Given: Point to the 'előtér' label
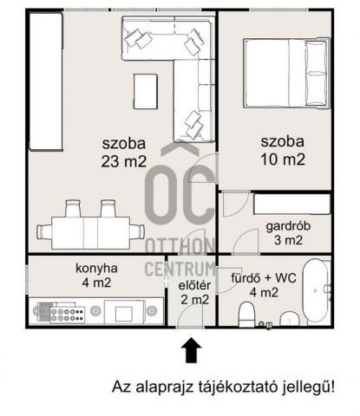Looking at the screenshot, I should click(193, 284).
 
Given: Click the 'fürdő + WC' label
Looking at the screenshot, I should click(265, 278).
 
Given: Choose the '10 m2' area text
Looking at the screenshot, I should click(283, 159).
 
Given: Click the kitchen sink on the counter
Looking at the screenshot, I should click(123, 311).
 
